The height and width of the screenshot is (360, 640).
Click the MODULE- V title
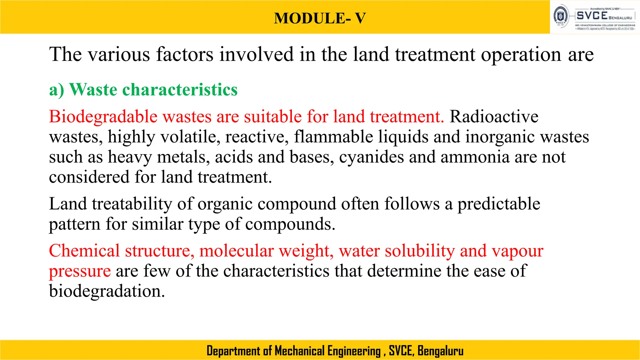[320, 18]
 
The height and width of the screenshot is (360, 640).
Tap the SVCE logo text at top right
[592, 16]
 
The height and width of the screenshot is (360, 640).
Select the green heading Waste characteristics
[153, 90]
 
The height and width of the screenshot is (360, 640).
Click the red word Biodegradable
[103, 117]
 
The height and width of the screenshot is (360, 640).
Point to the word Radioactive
[494, 117]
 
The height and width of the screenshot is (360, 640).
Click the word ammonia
[475, 157]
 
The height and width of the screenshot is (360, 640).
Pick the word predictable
[499, 204]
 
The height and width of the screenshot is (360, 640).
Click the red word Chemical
[84, 251]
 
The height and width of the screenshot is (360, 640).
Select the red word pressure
[80, 271]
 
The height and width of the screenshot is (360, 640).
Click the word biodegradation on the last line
[107, 291]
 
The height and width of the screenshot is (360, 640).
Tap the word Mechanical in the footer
[300, 351]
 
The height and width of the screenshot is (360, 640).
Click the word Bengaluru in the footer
[440, 351]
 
